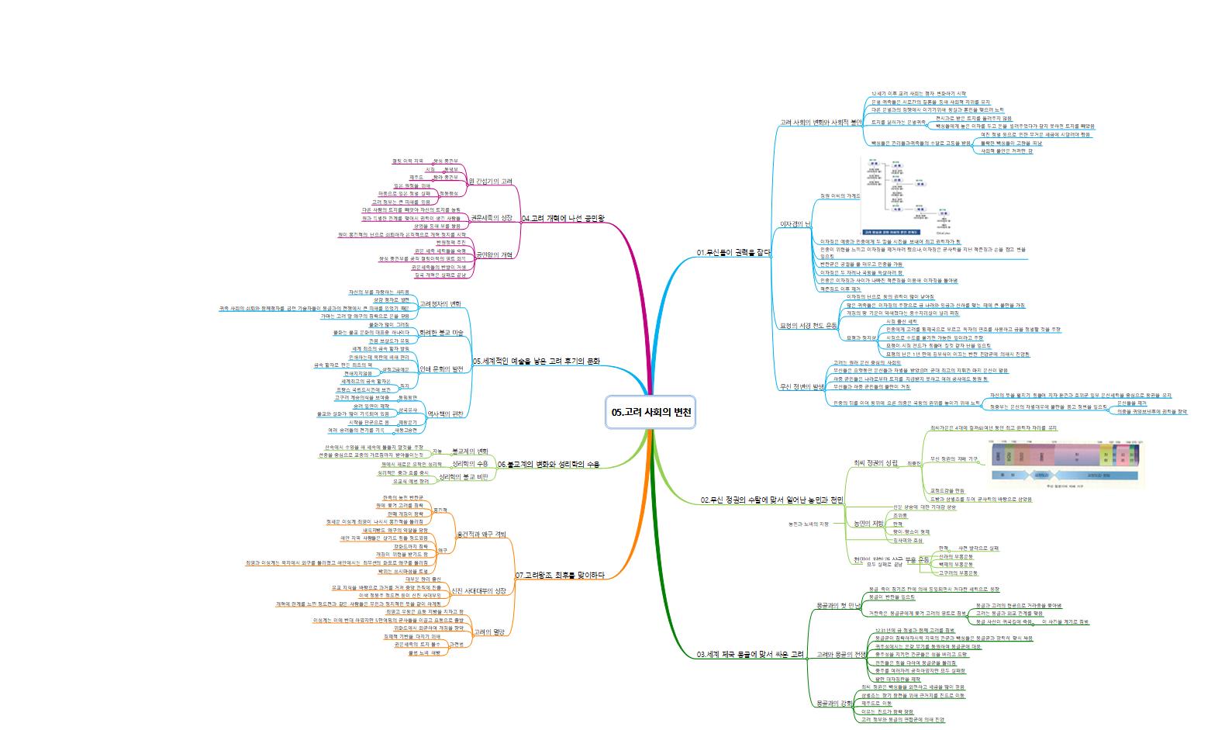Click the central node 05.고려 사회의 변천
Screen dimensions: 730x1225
pos(651,413)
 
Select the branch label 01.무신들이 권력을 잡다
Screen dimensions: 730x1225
pos(733,253)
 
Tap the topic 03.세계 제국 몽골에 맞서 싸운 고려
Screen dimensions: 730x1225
pos(751,655)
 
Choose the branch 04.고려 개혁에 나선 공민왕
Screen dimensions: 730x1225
pos(562,219)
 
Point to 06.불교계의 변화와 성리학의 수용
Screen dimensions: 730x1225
pos(548,464)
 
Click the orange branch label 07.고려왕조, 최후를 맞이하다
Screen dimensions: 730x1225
pos(559,575)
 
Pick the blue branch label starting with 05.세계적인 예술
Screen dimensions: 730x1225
pos(536,362)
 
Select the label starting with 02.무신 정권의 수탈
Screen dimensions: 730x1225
pos(771,500)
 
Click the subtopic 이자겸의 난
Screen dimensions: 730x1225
pos(794,224)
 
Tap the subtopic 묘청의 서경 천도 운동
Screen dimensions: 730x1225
pos(808,326)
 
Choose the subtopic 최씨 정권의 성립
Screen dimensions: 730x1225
pos(875,463)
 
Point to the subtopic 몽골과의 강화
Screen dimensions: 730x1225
pos(833,704)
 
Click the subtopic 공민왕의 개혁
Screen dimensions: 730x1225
pos(494,254)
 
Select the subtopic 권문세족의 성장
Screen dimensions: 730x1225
pos(492,217)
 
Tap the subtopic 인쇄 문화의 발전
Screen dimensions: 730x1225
pos(440,368)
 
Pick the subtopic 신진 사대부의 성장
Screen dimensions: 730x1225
pos(478,591)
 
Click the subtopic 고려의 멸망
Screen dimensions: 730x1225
pos(488,631)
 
